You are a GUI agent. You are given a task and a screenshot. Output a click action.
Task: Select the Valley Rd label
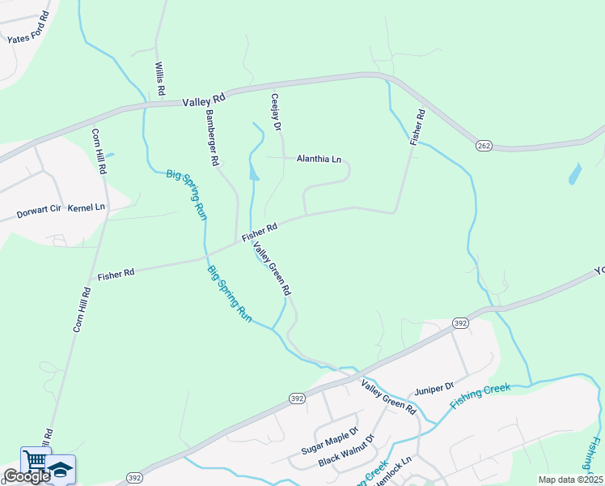click(x=203, y=101)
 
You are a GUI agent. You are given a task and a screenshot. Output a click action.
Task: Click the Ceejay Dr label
click(x=275, y=113)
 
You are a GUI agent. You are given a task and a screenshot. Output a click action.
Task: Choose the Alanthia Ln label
click(x=319, y=159)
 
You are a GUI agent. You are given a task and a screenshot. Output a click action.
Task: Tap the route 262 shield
click(x=484, y=145)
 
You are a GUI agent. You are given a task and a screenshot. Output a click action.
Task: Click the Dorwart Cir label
click(x=39, y=212)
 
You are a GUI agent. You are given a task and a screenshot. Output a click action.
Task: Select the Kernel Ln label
click(x=87, y=207)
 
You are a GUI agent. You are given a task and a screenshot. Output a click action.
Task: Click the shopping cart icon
click(x=34, y=461)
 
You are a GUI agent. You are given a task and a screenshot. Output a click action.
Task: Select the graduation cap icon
click(x=61, y=467)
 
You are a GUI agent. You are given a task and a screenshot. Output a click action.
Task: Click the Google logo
click(x=26, y=476)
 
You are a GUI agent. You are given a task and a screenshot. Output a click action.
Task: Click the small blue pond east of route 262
click(x=574, y=173)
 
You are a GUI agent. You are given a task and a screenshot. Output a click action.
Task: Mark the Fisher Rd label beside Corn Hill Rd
click(x=116, y=275)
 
